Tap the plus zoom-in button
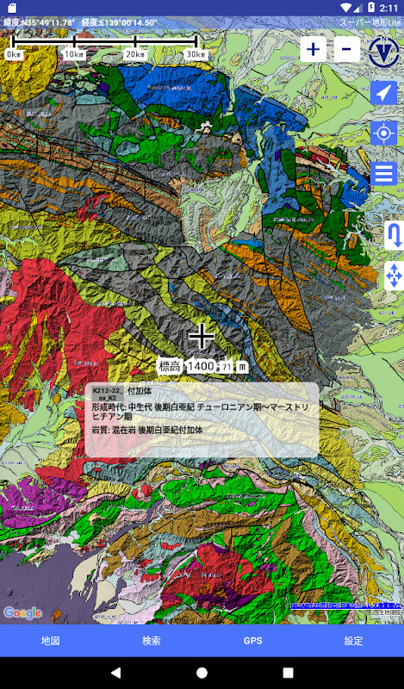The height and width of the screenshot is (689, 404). click(x=313, y=49)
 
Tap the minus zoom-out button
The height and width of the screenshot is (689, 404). click(x=345, y=49)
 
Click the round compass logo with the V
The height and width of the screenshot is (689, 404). click(x=383, y=50)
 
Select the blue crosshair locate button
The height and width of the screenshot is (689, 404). click(x=384, y=133)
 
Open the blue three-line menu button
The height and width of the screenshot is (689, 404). click(x=384, y=173)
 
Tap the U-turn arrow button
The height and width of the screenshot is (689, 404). click(x=395, y=234)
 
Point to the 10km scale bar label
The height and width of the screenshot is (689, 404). click(x=75, y=54)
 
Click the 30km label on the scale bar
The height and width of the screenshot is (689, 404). click(x=196, y=54)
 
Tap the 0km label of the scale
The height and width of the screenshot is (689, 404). click(x=15, y=54)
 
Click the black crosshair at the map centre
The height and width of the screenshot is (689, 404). click(x=202, y=336)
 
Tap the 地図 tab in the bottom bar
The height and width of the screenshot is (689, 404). click(x=50, y=641)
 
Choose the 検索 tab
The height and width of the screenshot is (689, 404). click(x=152, y=641)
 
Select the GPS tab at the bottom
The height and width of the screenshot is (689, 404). click(x=252, y=641)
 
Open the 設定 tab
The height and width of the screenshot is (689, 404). click(x=353, y=641)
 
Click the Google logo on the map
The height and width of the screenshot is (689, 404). click(x=22, y=612)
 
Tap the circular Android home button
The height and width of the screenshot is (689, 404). click(x=202, y=672)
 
